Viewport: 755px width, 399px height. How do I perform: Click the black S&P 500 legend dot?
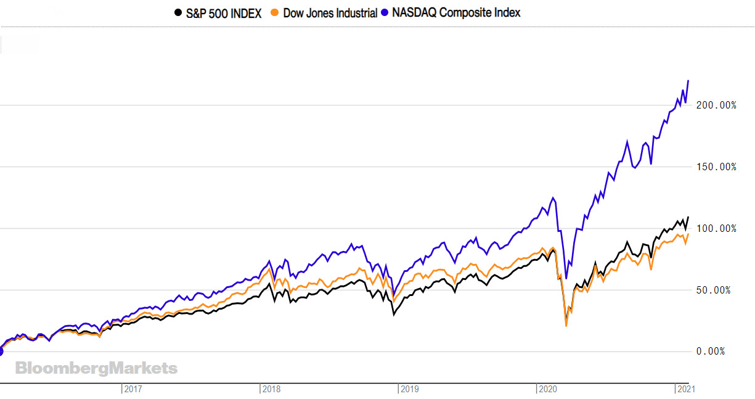[178, 12]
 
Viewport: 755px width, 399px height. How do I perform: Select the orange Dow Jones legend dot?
[277, 12]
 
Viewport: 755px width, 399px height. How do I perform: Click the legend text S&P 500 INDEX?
[224, 12]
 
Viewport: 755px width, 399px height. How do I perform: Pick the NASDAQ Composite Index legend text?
[456, 12]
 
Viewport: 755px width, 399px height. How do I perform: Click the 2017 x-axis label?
[133, 389]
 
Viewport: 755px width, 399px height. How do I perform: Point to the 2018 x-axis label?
[272, 389]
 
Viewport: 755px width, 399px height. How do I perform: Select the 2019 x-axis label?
[410, 389]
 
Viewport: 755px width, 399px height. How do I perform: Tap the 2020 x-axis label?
[548, 389]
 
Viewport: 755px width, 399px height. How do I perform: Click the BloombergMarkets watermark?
[96, 369]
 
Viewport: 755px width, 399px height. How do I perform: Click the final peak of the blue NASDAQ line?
[688, 81]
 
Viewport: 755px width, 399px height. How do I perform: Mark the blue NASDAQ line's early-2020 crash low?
[566, 279]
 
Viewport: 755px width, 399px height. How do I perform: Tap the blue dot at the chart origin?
[1, 352]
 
